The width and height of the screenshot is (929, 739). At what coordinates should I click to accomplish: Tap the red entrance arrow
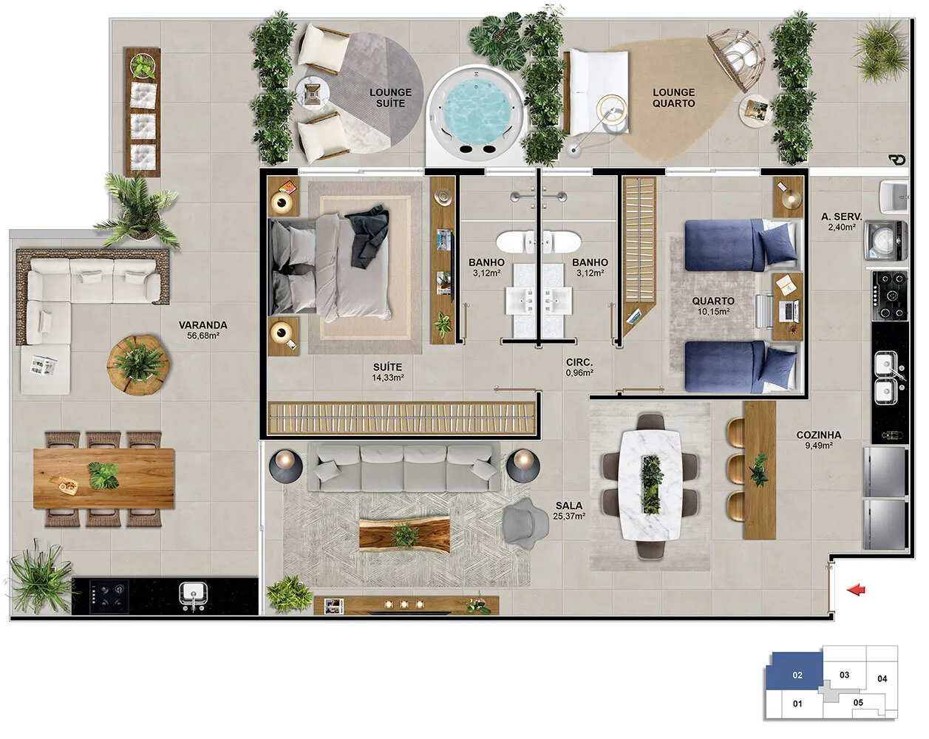(856, 590)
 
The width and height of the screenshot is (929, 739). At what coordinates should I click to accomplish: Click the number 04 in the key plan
(882, 678)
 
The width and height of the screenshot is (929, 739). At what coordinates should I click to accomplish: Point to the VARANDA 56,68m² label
(203, 330)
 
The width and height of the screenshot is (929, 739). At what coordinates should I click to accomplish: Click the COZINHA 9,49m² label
(818, 440)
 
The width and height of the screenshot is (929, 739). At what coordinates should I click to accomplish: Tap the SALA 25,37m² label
(569, 510)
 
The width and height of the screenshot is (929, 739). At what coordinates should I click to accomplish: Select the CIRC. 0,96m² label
(579, 367)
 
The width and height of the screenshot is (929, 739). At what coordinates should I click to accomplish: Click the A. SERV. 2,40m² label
(841, 222)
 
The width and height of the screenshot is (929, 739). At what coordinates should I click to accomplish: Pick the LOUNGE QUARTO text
(673, 98)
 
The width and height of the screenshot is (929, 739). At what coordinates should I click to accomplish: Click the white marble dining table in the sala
(650, 485)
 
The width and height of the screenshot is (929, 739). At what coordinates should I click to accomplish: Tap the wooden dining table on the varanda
(103, 478)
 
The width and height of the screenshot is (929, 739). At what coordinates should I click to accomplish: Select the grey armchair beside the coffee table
(525, 523)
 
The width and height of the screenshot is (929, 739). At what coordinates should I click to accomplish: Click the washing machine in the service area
(885, 240)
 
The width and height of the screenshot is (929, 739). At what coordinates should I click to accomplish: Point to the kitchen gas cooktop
(889, 296)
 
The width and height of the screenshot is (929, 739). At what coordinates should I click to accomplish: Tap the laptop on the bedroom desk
(789, 312)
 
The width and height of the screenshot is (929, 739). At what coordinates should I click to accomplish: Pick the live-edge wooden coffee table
(404, 535)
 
